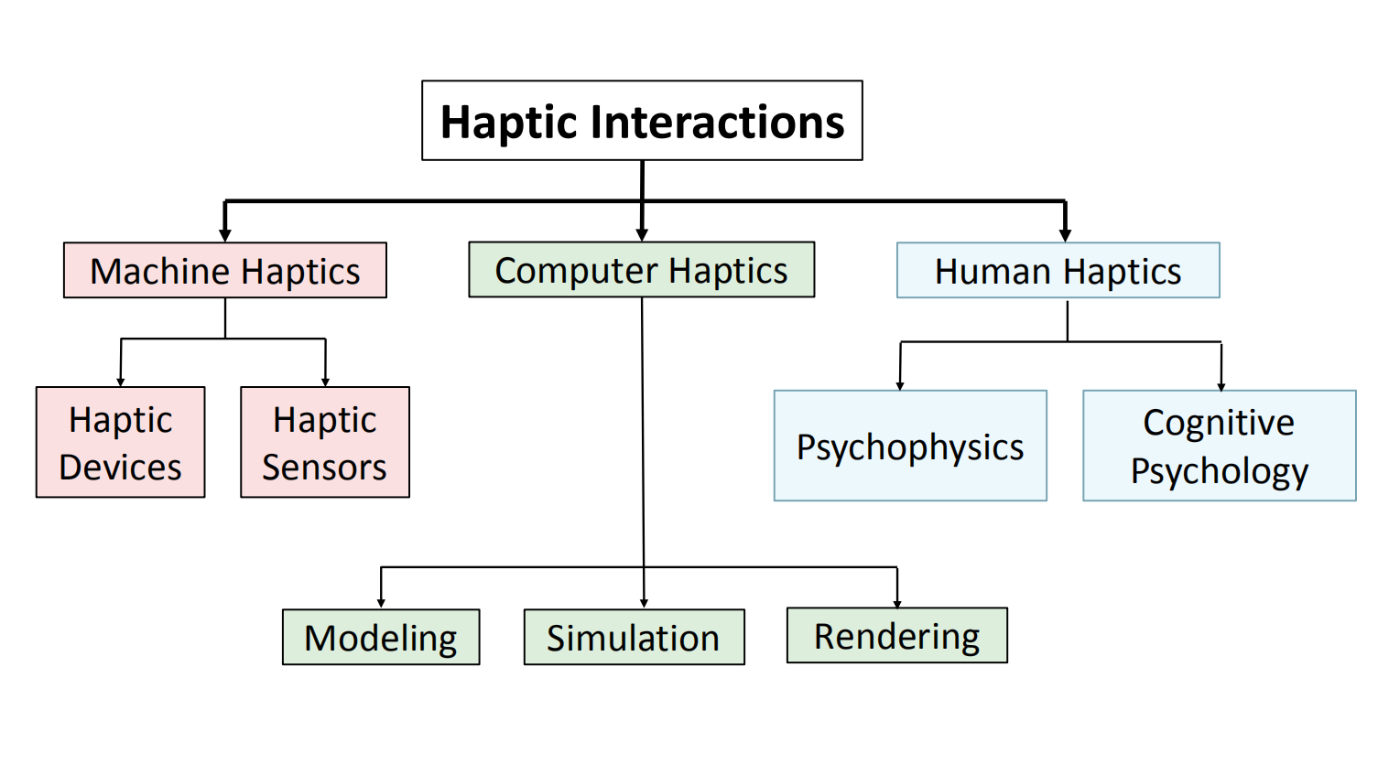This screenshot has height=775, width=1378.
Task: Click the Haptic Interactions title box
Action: [642, 121]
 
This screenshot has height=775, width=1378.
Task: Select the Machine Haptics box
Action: [225, 271]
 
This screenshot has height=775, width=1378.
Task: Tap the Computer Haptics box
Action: [641, 270]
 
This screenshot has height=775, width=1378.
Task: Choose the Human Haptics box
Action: [1058, 271]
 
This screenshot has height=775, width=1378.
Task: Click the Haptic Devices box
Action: [121, 443]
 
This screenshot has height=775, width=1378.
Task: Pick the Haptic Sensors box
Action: [325, 443]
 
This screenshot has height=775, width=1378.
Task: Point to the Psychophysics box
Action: [910, 447]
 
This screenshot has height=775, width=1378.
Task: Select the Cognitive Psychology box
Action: [1219, 447]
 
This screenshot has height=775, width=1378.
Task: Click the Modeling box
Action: [381, 638]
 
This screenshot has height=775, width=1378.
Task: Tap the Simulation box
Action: [634, 638]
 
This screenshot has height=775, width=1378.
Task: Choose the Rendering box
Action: [896, 636]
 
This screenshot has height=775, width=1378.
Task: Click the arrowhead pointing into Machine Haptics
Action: [225, 235]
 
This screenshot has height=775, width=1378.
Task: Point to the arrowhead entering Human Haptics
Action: [1065, 235]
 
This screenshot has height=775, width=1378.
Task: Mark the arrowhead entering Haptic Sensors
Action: [325, 382]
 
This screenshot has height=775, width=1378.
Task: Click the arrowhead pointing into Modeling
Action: [381, 603]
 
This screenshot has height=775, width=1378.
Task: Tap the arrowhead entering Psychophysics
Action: [900, 385]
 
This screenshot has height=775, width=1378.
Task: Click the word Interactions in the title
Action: [718, 123]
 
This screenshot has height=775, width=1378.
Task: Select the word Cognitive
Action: [1219, 423]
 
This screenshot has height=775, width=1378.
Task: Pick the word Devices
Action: [121, 468]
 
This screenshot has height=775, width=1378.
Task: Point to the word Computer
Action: [577, 271]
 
